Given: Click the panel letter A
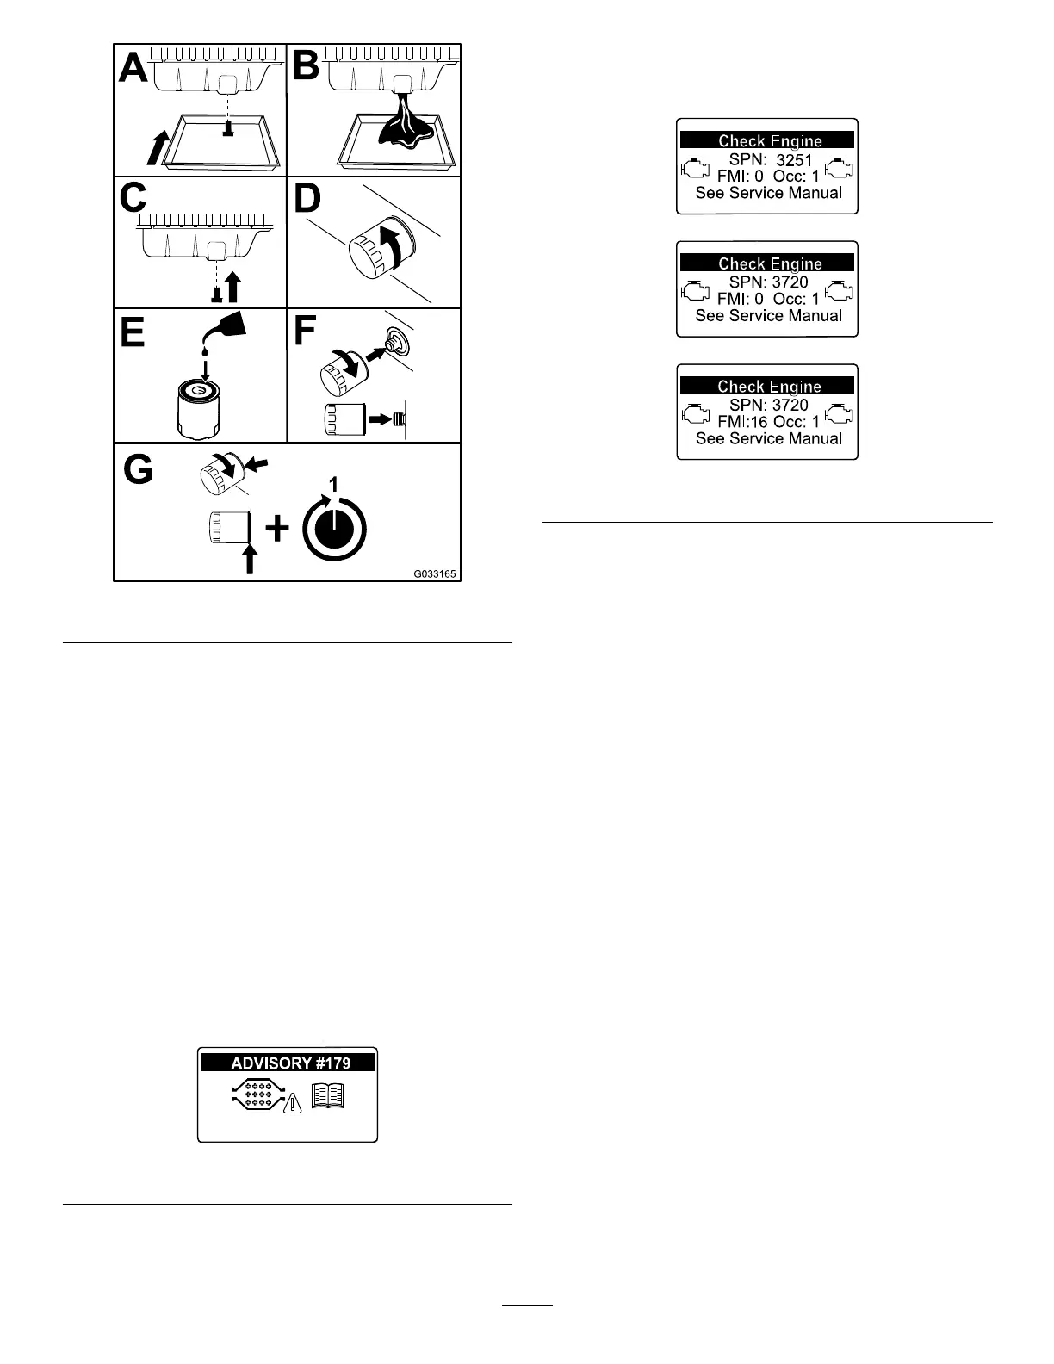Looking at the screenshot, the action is click(133, 66).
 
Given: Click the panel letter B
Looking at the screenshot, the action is click(306, 66).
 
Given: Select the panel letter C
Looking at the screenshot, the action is click(133, 198).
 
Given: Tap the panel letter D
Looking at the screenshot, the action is click(307, 198).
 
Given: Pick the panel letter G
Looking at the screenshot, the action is click(139, 469).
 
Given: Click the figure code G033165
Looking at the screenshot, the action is click(434, 573).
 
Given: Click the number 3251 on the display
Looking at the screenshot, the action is click(794, 160).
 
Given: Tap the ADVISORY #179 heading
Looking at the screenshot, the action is click(290, 1063).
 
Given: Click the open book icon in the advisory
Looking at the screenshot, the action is click(327, 1096).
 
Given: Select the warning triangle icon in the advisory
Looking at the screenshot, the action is click(294, 1103).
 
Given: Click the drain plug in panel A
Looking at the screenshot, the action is click(229, 128).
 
